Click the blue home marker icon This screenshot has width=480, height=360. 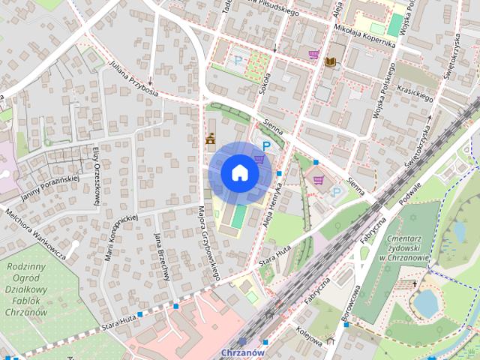240,173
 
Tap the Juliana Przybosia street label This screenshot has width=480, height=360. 133,79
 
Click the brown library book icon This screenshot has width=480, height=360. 331,61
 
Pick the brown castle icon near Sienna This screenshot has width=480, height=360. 211,139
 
